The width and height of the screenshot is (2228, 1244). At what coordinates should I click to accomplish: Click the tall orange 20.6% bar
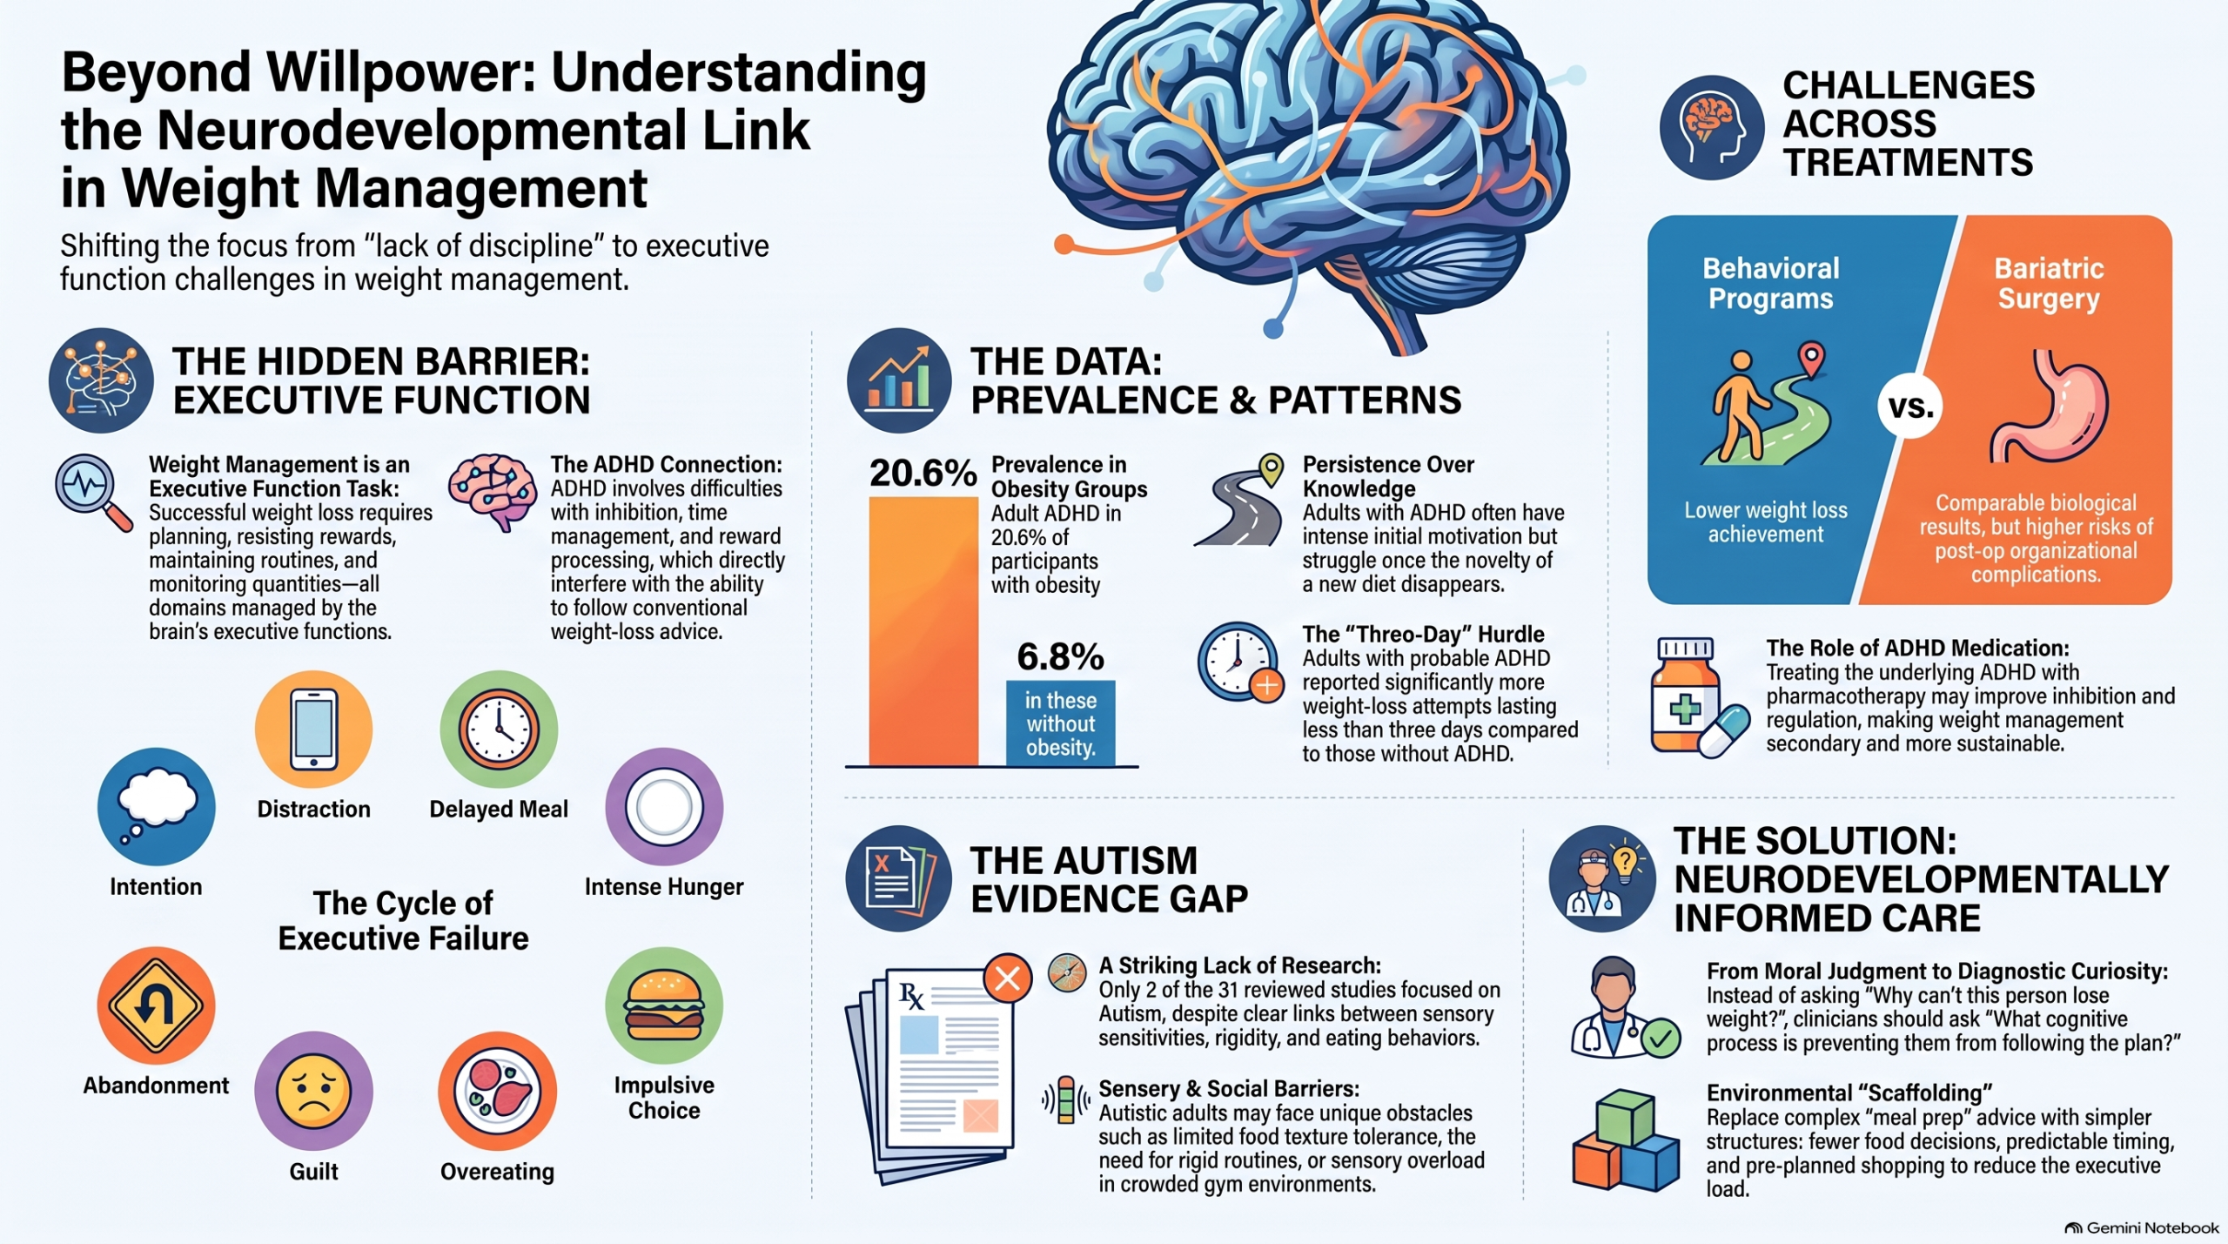(923, 631)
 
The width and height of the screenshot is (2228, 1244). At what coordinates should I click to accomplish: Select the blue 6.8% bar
(1060, 723)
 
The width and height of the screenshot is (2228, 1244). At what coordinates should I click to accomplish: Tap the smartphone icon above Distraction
(313, 730)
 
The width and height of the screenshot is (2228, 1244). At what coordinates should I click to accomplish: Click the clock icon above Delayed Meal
(499, 730)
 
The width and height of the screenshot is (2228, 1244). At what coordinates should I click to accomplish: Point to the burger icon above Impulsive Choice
(664, 1005)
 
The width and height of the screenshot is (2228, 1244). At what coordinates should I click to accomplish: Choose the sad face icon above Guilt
(313, 1092)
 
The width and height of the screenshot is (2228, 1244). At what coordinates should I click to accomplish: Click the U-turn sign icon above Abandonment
(156, 1005)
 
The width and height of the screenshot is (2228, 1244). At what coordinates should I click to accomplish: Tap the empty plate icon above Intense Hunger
(664, 807)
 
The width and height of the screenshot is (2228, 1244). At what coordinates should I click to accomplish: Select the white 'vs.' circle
(1910, 407)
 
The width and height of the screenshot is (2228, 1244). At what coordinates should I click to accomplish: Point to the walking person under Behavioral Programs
(1738, 406)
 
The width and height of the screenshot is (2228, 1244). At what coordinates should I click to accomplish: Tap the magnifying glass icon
(93, 493)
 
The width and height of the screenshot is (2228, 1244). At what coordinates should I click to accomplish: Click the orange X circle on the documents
(1008, 978)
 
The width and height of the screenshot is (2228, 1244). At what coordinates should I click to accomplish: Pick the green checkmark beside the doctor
(1661, 1038)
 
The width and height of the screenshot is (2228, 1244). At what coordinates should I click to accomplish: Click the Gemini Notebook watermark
(2142, 1227)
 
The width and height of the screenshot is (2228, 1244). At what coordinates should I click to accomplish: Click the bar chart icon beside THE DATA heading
(899, 380)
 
